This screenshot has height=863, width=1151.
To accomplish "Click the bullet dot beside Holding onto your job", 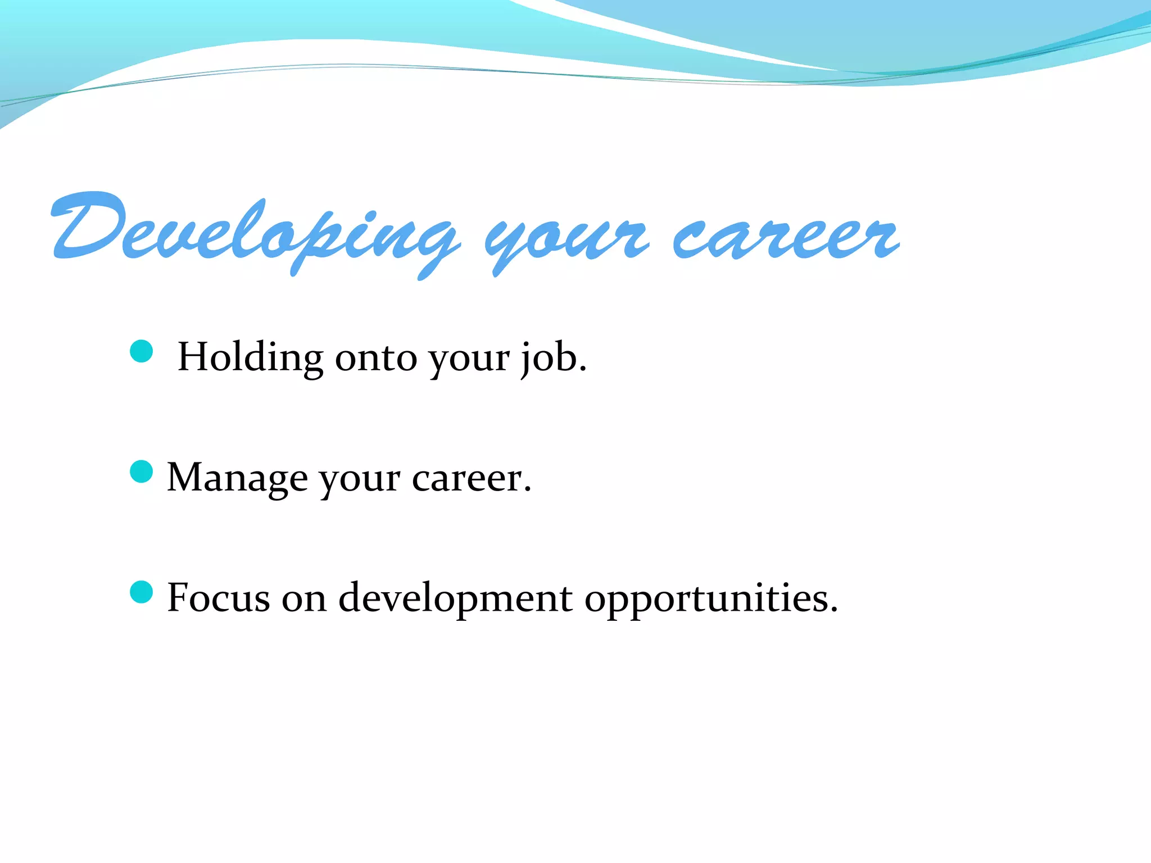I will tap(141, 351).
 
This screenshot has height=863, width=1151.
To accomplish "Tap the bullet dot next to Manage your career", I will tap(141, 471).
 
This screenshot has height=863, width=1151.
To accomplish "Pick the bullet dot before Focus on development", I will tap(141, 592).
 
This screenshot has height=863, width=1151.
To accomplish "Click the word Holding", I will tap(250, 357).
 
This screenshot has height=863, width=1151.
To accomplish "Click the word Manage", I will tap(237, 478).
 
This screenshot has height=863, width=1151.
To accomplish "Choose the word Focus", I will tap(219, 597).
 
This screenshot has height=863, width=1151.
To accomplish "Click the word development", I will tap(455, 598).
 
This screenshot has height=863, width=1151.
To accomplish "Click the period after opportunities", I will tap(833, 609).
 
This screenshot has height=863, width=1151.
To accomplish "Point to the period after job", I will tap(582, 369).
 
